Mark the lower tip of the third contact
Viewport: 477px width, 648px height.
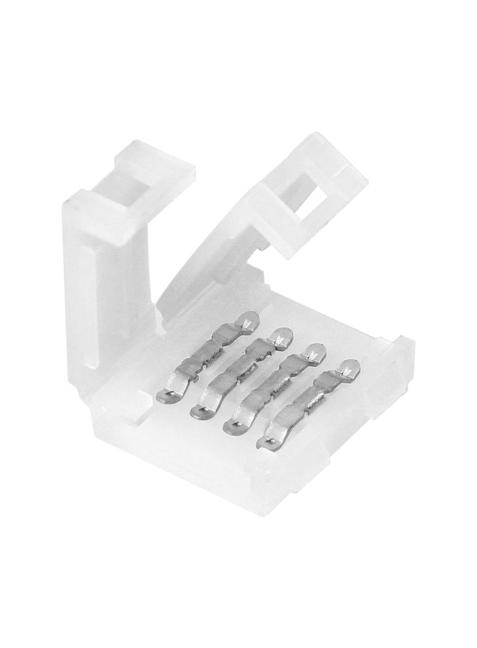(232, 426)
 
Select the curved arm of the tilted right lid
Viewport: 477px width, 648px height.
(201, 267)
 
